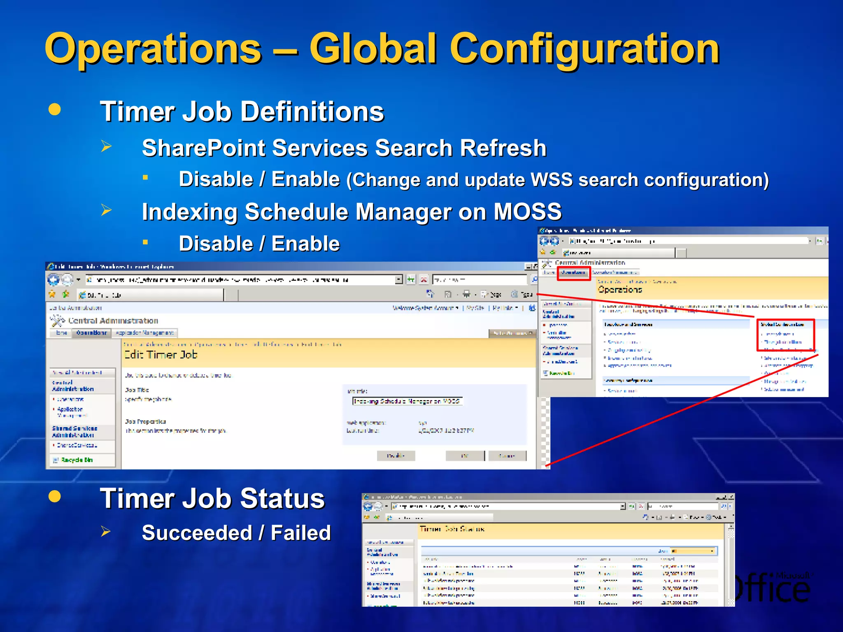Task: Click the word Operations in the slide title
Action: (153, 49)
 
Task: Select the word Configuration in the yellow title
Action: (585, 49)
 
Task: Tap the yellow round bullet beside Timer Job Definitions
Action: (54, 109)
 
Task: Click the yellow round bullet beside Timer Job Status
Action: (54, 496)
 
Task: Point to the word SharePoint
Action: (203, 148)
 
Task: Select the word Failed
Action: (301, 533)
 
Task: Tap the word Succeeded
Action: (197, 533)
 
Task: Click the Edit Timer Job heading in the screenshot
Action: (161, 355)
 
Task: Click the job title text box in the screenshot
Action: (407, 401)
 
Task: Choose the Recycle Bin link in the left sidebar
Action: (77, 460)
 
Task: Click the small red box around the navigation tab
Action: (573, 273)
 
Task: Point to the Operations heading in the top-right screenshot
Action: (620, 290)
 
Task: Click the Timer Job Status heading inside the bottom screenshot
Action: (452, 529)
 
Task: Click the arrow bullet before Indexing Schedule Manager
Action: (107, 210)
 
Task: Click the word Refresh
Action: (503, 148)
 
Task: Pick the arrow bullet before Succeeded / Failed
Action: (106, 532)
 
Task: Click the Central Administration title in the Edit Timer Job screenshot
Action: (113, 321)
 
